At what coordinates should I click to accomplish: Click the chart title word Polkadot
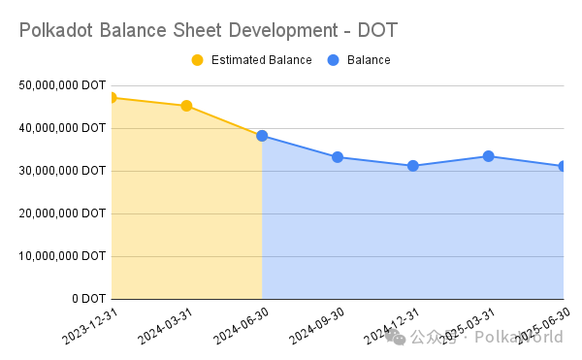(x=55, y=30)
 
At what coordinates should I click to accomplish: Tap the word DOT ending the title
(x=377, y=30)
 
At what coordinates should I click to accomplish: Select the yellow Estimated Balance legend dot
(x=198, y=60)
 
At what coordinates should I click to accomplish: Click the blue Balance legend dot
(x=334, y=60)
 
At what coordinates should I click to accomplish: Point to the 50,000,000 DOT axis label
(x=62, y=85)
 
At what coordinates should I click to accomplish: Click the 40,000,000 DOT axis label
(x=62, y=128)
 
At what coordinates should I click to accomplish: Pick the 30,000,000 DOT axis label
(x=62, y=171)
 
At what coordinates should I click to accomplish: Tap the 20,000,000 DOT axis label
(x=62, y=213)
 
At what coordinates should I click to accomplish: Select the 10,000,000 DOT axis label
(x=62, y=256)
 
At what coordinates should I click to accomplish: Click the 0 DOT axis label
(x=89, y=299)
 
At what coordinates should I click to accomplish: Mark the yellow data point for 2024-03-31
(x=186, y=106)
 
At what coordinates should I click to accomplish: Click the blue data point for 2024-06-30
(x=262, y=136)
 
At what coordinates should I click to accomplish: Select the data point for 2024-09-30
(x=338, y=157)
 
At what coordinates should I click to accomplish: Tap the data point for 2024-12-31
(x=413, y=166)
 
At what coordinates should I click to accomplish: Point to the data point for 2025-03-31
(x=489, y=156)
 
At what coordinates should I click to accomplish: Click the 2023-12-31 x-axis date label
(x=90, y=327)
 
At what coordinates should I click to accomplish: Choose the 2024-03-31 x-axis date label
(x=165, y=327)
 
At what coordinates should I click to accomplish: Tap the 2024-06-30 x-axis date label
(x=241, y=327)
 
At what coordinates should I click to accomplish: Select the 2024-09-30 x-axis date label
(x=316, y=327)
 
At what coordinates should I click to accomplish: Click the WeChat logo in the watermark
(x=395, y=337)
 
